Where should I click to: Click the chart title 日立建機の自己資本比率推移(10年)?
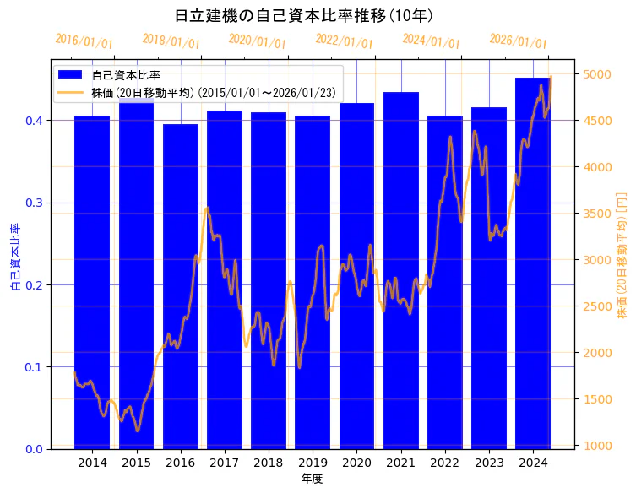click(x=304, y=15)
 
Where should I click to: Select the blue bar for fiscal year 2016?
click(x=181, y=287)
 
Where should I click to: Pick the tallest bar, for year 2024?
click(x=533, y=262)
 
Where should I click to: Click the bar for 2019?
click(x=313, y=283)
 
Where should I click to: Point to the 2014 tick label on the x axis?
click(x=92, y=463)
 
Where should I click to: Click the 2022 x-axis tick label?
click(x=444, y=463)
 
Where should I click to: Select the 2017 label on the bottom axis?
click(x=225, y=463)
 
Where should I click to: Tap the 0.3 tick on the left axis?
click(x=35, y=203)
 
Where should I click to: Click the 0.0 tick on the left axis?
click(x=35, y=449)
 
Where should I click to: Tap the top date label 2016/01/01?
click(x=84, y=41)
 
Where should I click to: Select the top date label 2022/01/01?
click(x=344, y=41)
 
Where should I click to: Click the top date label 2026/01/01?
click(x=518, y=41)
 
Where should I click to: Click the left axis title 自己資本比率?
click(x=14, y=257)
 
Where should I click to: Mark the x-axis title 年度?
click(x=312, y=479)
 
